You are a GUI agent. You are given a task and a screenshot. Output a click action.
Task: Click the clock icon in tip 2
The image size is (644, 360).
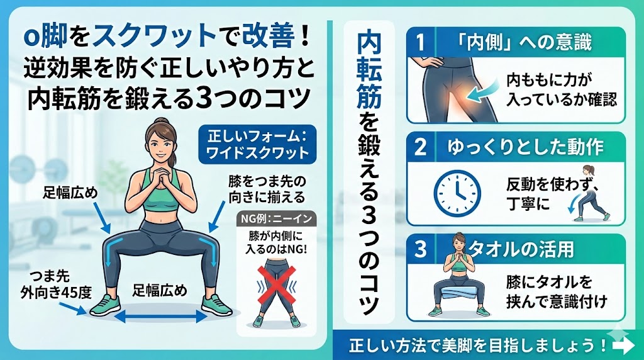457,194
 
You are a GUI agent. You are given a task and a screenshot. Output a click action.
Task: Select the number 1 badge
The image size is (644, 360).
419,42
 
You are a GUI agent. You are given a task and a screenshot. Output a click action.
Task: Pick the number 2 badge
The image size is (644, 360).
419,147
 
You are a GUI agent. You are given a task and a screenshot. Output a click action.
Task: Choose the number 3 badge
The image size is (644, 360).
419,249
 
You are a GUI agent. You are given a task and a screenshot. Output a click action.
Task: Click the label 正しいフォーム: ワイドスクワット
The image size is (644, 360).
257,144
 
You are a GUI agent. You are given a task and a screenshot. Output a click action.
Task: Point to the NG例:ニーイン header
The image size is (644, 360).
277,218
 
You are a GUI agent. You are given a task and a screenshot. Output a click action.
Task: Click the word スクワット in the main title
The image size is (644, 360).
155,36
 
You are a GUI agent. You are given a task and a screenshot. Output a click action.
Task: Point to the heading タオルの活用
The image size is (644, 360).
521,249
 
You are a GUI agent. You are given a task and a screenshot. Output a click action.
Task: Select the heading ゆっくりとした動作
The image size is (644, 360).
525,147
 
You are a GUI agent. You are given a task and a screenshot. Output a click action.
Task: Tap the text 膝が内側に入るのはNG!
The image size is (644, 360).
276,242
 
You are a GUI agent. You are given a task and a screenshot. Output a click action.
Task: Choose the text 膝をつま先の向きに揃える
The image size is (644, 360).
267,189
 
